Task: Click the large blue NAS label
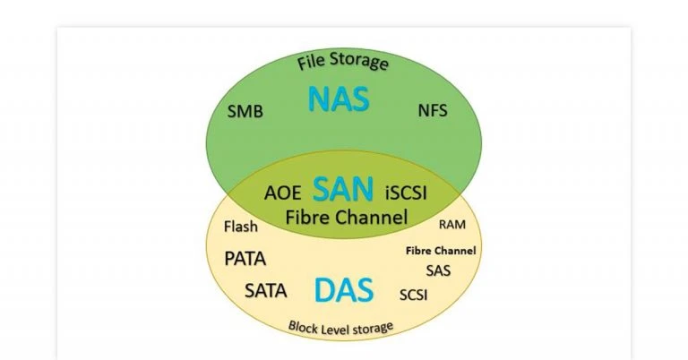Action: click(339, 99)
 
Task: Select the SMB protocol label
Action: click(245, 113)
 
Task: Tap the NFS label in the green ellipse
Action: click(432, 111)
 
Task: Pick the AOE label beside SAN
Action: click(282, 193)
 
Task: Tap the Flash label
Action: click(240, 227)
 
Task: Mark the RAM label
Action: click(451, 224)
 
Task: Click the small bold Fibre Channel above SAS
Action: click(441, 251)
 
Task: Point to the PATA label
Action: click(245, 259)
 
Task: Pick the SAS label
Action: click(438, 270)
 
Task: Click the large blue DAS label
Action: click(344, 290)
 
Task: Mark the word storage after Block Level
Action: click(374, 328)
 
